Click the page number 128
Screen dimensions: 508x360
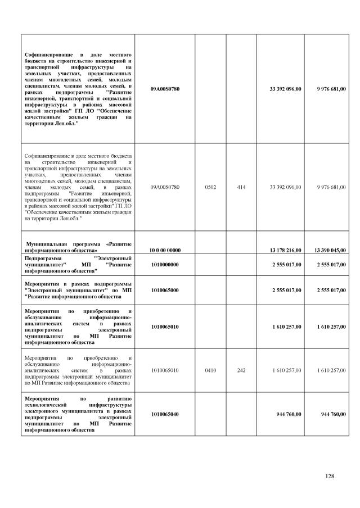click(330, 477)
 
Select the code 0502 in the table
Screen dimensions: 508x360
click(210, 187)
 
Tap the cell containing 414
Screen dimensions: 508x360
click(241, 187)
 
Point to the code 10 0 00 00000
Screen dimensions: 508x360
click(165, 250)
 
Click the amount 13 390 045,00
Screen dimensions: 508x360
click(328, 250)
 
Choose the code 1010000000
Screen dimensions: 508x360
click(165, 264)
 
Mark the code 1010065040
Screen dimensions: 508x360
click(165, 414)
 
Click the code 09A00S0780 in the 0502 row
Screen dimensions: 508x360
click(165, 187)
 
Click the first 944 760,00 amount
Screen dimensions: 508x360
click(289, 414)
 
